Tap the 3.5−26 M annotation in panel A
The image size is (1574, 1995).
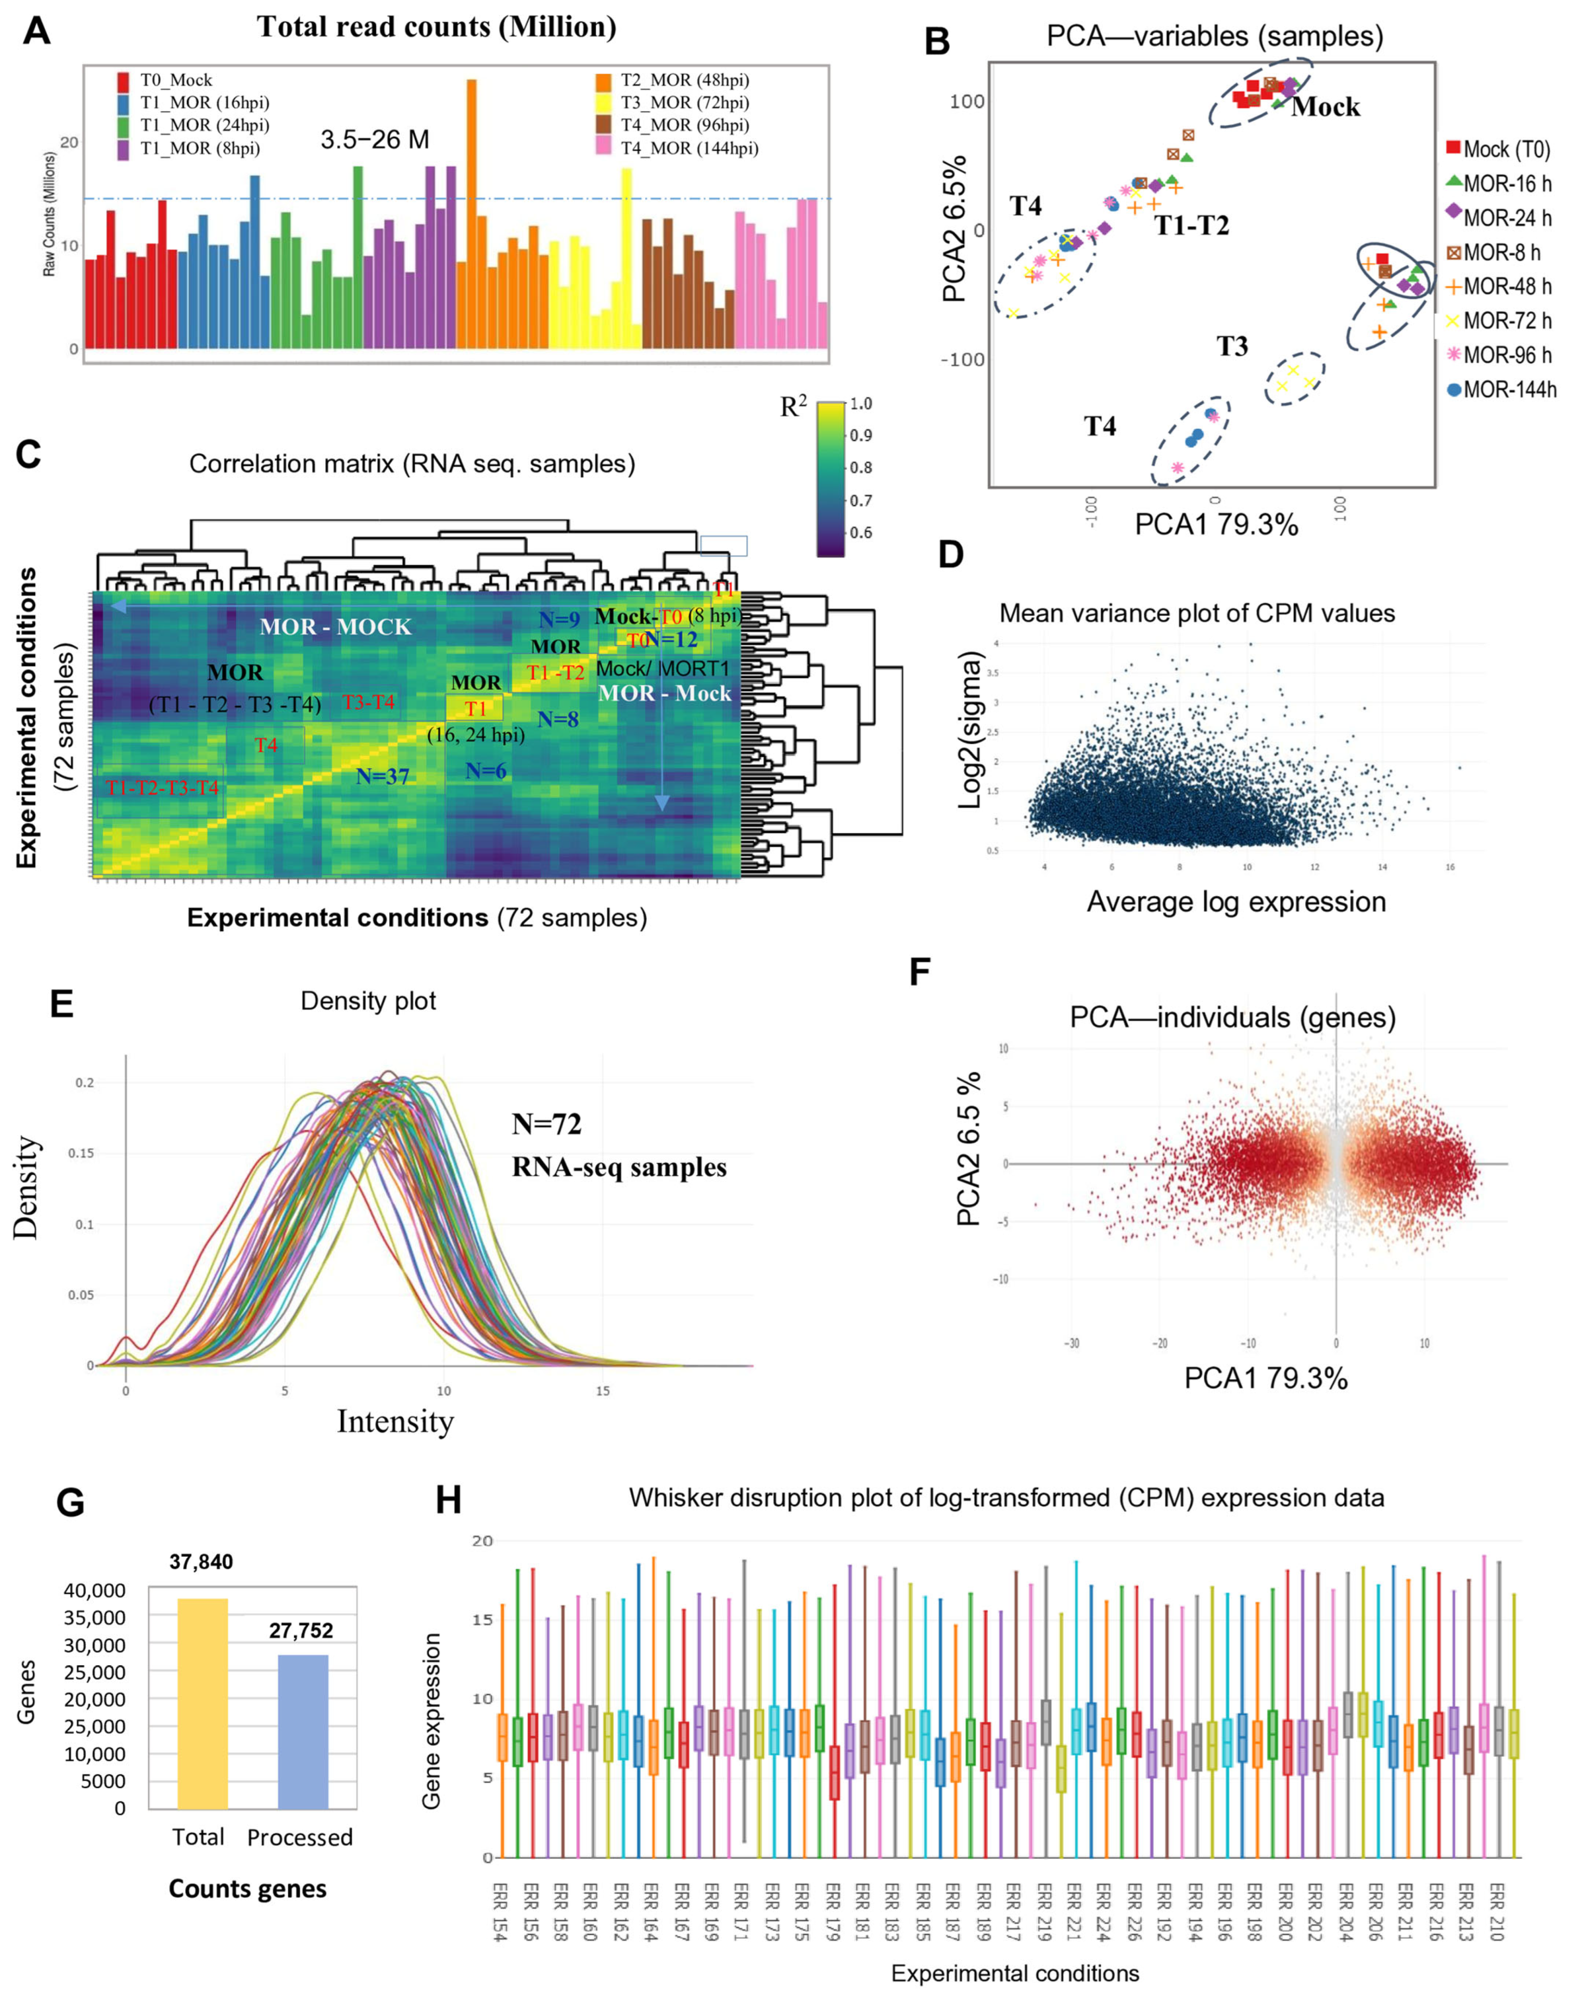(x=375, y=140)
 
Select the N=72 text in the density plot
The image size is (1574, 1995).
(x=546, y=1124)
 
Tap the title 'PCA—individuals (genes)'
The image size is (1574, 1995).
(x=1232, y=1017)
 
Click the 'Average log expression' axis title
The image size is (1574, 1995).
(x=1236, y=901)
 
